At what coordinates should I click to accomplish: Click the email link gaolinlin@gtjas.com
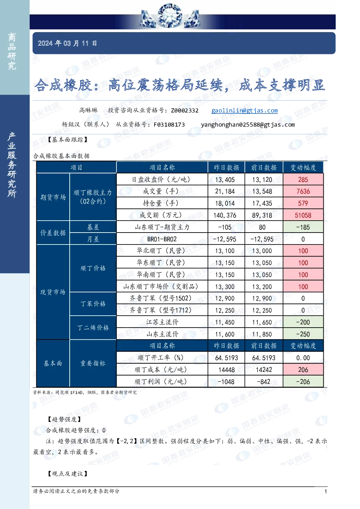(x=245, y=111)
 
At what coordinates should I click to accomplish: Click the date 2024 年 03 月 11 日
(x=67, y=43)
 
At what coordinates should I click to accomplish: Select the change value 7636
(x=303, y=191)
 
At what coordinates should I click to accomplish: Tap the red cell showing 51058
(x=303, y=215)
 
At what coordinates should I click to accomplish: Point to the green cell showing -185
(x=303, y=227)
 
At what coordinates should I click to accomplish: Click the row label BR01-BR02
(x=162, y=239)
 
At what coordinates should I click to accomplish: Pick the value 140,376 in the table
(x=225, y=215)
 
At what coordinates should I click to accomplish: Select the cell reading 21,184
(x=225, y=191)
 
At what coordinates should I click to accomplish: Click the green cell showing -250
(x=303, y=334)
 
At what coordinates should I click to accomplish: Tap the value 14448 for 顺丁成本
(x=226, y=370)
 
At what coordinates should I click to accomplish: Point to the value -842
(x=263, y=382)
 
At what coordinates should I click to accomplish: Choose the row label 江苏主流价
(x=162, y=322)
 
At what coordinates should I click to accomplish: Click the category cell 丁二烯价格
(x=93, y=328)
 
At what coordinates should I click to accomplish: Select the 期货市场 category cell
(x=53, y=197)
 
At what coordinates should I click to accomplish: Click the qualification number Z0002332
(x=185, y=111)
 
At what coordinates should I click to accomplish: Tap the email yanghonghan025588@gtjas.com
(x=248, y=125)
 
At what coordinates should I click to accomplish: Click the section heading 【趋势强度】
(x=65, y=419)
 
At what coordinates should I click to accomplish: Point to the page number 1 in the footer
(x=326, y=492)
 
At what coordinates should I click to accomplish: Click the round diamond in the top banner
(x=169, y=16)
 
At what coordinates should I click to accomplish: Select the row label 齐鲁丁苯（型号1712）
(x=160, y=310)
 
